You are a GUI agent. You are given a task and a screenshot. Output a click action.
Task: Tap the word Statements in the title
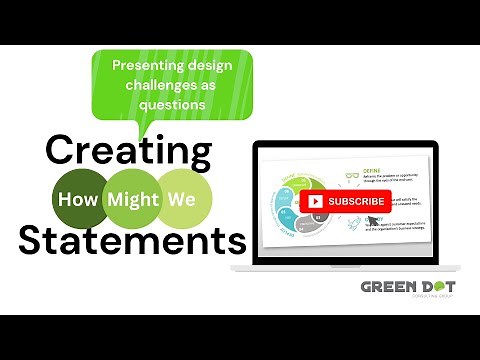coord(132,241)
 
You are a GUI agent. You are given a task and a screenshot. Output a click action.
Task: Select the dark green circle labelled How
coord(82,198)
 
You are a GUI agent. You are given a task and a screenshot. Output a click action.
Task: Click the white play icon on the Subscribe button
coord(316,201)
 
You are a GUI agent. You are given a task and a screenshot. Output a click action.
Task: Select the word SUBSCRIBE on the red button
coord(356,201)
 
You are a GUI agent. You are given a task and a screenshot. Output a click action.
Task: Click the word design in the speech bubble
coord(206,65)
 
